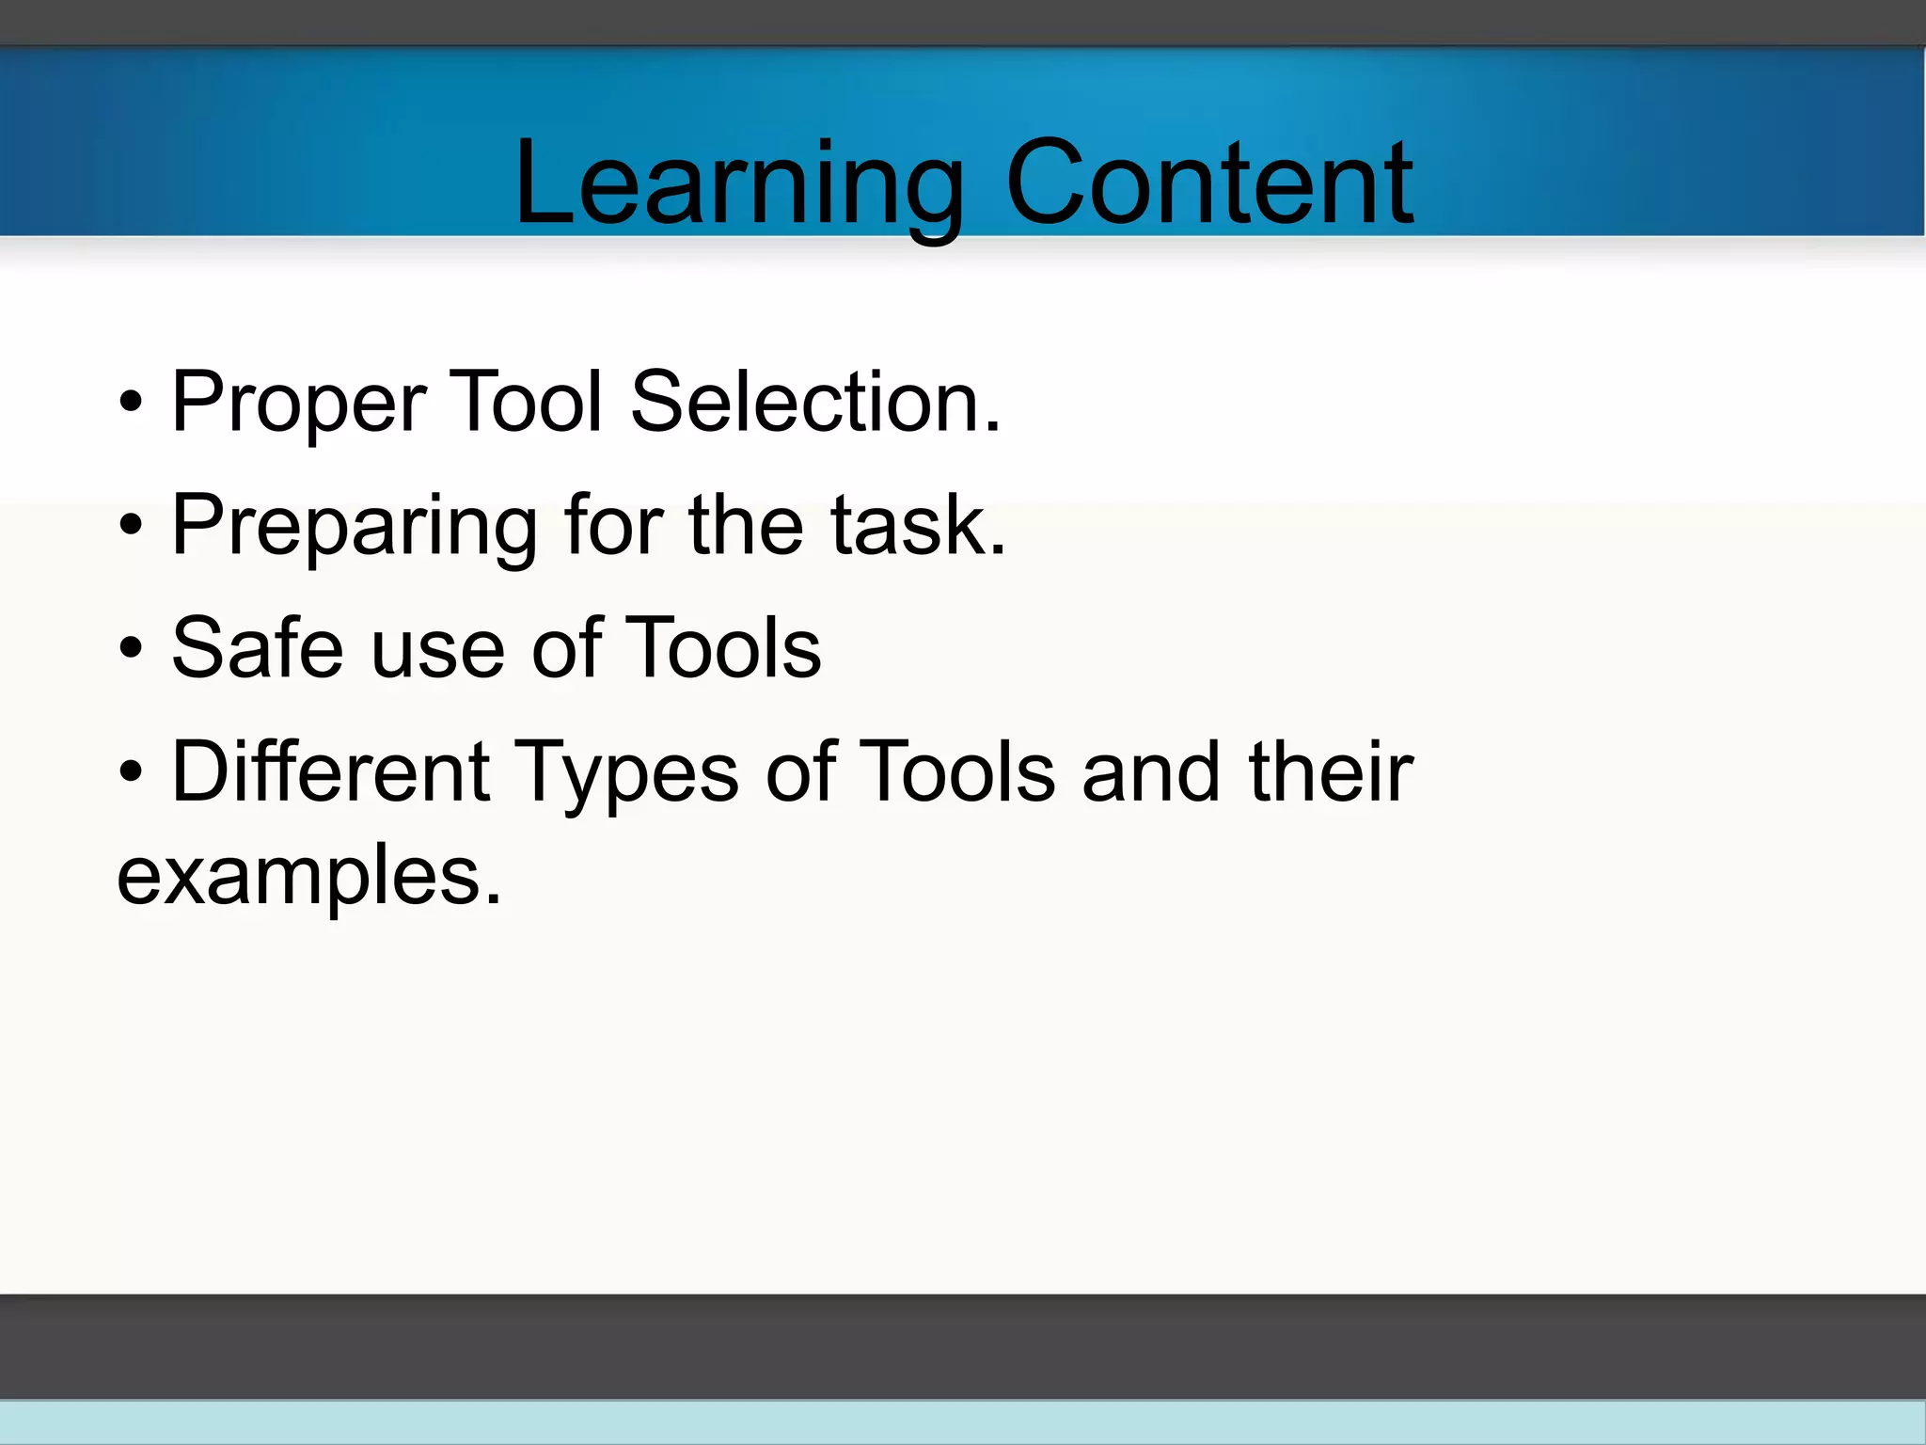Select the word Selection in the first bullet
(x=814, y=403)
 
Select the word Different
(x=330, y=771)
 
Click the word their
(x=1330, y=771)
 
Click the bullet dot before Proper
(x=132, y=404)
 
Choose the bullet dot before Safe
(x=132, y=649)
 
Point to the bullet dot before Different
(x=132, y=773)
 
